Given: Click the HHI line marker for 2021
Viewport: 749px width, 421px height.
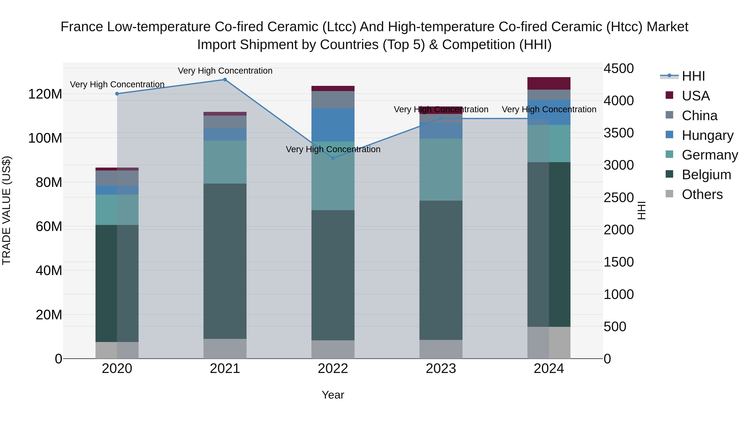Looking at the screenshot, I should click(225, 80).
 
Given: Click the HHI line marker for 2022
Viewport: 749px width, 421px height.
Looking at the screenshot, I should click(333, 158).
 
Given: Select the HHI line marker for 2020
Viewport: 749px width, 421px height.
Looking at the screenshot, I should click(117, 94).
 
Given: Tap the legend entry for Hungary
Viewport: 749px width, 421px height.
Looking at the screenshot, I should click(707, 135).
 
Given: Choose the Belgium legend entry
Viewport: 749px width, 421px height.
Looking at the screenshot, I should click(706, 175).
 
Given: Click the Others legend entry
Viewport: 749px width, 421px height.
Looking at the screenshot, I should click(702, 194).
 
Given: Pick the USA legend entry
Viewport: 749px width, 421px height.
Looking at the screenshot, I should click(696, 96).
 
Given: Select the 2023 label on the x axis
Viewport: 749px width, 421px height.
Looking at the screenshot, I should click(441, 369).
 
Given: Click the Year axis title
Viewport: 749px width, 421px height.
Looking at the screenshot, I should click(333, 395).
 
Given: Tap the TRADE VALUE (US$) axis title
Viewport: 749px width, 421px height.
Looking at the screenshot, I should click(6, 210).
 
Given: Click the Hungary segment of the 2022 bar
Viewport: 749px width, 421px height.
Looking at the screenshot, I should click(333, 125).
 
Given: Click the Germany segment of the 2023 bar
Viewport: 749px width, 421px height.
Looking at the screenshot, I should click(441, 169).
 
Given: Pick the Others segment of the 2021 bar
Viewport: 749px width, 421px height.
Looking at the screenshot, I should click(225, 348).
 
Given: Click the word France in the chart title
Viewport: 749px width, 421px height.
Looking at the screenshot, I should click(81, 27).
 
